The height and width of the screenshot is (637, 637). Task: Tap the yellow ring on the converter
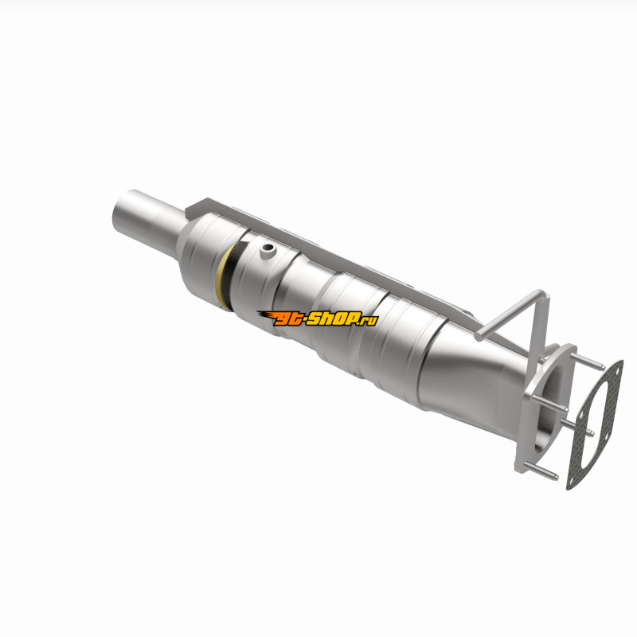[222, 276]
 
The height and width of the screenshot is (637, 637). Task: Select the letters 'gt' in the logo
[287, 319]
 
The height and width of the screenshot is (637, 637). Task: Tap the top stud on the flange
[587, 362]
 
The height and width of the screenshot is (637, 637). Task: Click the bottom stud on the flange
[541, 471]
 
